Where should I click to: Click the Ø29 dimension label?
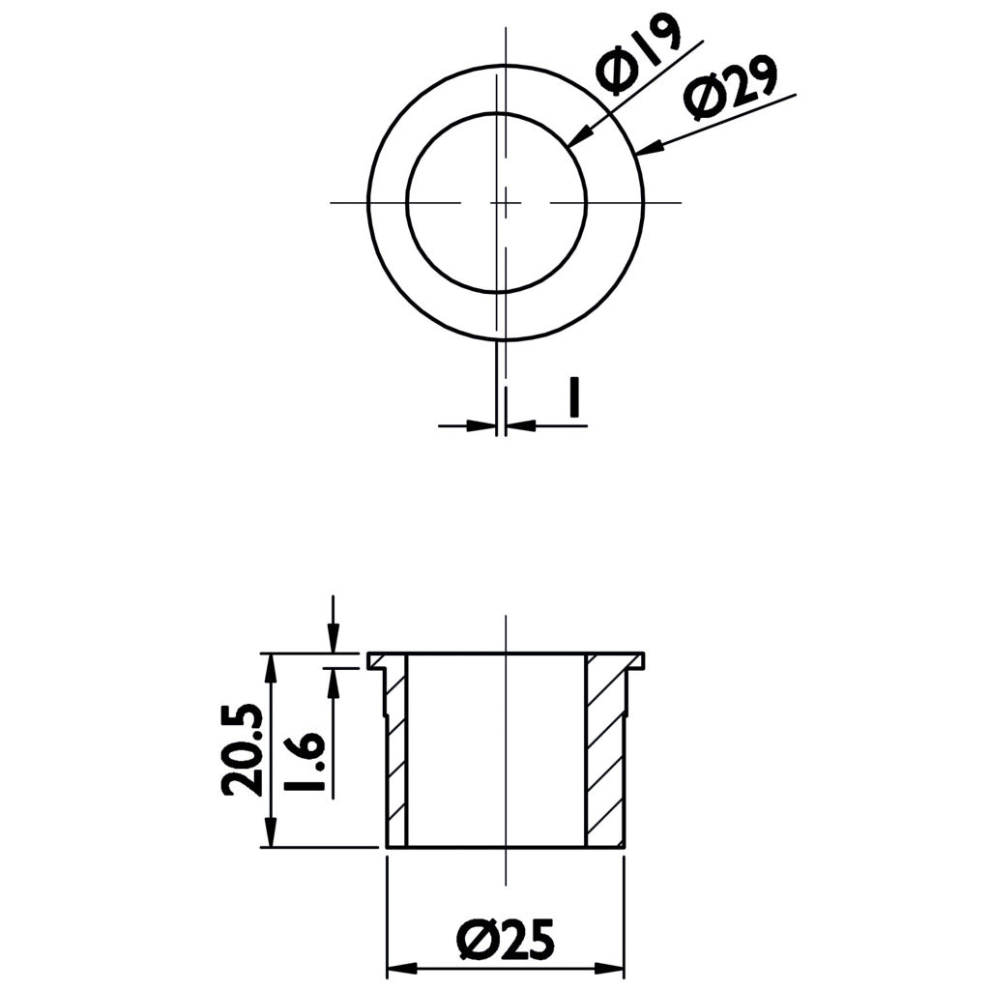[x=732, y=87]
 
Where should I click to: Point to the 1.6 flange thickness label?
[x=305, y=763]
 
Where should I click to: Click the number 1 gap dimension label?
[x=573, y=397]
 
